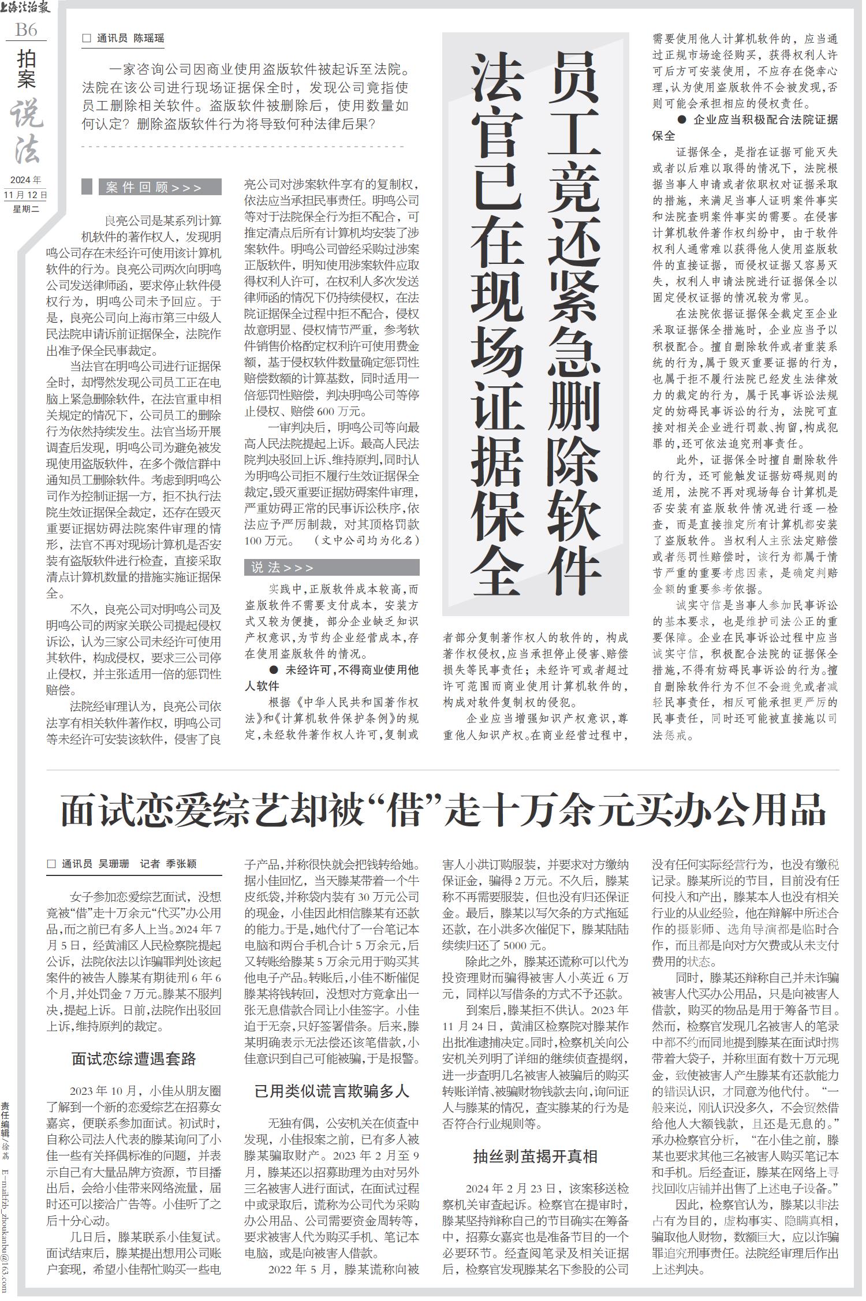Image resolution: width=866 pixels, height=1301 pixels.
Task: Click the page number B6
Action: point(26,29)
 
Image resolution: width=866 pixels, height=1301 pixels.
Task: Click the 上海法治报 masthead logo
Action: point(26,9)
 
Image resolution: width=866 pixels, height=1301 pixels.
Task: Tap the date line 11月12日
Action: point(25,195)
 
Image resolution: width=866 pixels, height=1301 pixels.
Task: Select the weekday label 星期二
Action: point(25,209)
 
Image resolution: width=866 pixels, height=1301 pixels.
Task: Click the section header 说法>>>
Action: point(283,568)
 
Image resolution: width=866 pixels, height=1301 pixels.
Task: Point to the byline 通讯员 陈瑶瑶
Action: point(130,39)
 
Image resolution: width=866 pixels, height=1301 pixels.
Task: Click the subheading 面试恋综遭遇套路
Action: point(134,1059)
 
